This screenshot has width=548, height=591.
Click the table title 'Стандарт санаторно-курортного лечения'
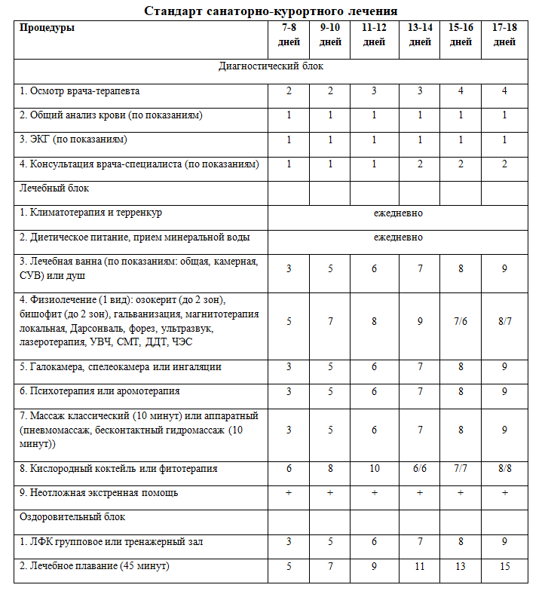click(271, 11)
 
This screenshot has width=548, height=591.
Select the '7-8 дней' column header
click(289, 35)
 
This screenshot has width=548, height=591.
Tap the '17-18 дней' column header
click(504, 35)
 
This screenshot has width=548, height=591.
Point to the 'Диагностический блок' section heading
click(271, 66)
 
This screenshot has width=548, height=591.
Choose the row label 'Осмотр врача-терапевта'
click(79, 91)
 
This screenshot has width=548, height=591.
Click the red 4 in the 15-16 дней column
click(461, 91)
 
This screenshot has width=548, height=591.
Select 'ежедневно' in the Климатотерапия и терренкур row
click(398, 213)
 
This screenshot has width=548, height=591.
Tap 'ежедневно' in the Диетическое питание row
click(398, 237)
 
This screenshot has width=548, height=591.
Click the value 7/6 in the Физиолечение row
click(461, 322)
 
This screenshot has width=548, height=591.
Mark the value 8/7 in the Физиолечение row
click(504, 322)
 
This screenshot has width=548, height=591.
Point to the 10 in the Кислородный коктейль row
click(374, 469)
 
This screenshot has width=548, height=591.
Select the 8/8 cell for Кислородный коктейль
click(504, 469)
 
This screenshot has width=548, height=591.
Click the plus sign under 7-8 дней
click(289, 493)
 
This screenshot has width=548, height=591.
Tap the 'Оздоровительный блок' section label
click(72, 518)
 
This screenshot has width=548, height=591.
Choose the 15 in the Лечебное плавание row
click(504, 567)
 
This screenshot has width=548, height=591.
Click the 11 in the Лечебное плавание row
click(419, 567)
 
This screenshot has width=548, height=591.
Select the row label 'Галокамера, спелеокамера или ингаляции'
click(121, 368)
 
